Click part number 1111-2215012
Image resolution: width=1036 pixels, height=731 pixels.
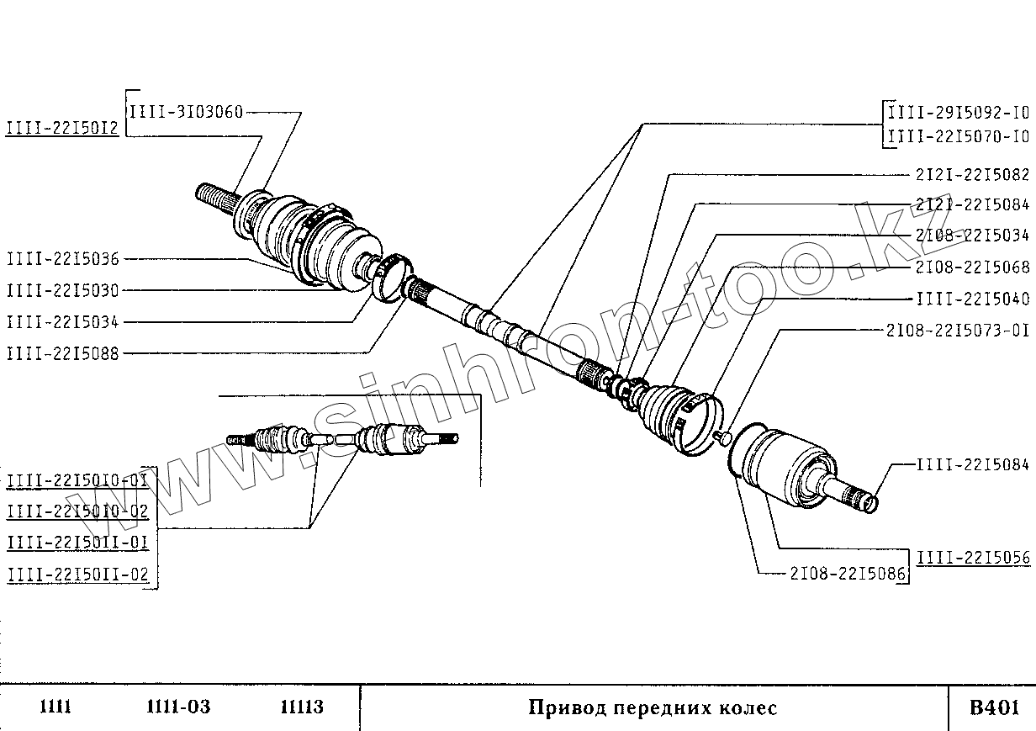(x=62, y=128)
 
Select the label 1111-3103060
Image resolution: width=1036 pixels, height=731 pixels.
(x=186, y=112)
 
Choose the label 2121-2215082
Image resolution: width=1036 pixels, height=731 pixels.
(x=971, y=175)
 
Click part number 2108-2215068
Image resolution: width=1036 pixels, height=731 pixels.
(x=971, y=268)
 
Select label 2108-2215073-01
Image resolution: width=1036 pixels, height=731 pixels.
(x=958, y=330)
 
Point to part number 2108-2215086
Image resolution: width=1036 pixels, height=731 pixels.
(x=848, y=574)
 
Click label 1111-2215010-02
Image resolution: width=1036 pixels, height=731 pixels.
(x=77, y=511)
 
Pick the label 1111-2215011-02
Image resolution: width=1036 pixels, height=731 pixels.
(x=77, y=575)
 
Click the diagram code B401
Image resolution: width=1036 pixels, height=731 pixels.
(x=994, y=707)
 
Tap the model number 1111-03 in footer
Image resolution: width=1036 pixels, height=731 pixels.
(x=177, y=707)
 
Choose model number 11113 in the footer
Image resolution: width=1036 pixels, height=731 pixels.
(x=301, y=707)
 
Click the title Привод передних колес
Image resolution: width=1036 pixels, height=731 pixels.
(x=653, y=707)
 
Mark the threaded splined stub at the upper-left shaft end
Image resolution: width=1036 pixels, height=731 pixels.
(x=215, y=199)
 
